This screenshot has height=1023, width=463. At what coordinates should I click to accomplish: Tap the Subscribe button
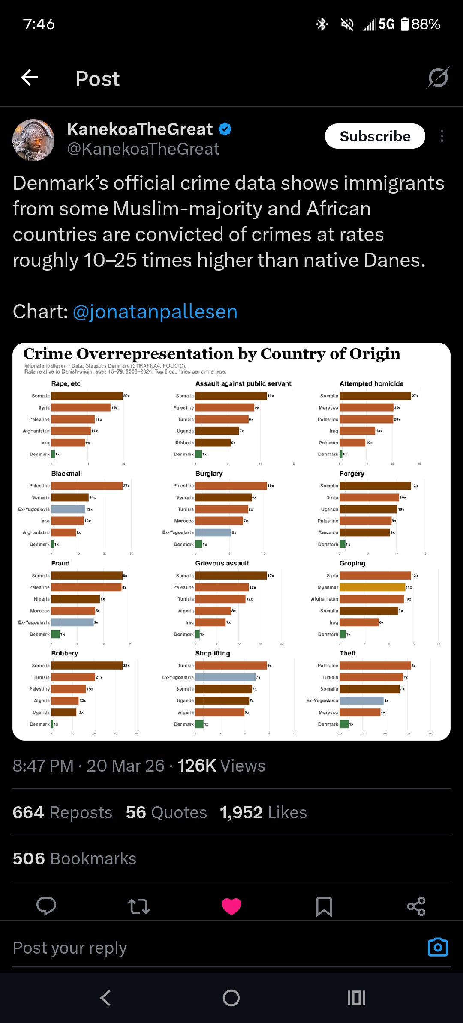click(375, 136)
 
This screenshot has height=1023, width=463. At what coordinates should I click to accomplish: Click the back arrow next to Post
click(30, 78)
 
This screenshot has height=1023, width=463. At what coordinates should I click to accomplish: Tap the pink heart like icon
click(231, 906)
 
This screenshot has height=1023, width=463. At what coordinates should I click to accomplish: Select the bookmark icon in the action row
click(324, 906)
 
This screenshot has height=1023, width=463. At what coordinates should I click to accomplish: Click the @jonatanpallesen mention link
click(155, 311)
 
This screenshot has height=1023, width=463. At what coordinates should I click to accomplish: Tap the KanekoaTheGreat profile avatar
click(33, 140)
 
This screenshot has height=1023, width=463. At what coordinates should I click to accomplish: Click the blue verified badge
click(225, 129)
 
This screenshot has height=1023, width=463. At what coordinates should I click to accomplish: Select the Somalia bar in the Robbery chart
click(87, 665)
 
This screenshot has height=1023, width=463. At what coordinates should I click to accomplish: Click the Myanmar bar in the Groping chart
click(372, 587)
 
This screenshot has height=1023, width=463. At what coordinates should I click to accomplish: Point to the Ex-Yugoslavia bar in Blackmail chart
click(68, 509)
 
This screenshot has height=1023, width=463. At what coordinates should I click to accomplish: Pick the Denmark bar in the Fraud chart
click(55, 634)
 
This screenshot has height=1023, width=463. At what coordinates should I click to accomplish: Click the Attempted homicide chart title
click(371, 384)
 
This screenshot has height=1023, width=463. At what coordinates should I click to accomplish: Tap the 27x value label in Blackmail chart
click(126, 486)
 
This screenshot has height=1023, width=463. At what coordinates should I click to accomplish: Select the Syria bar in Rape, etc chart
click(81, 407)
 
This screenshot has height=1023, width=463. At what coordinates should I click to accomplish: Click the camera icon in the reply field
click(438, 947)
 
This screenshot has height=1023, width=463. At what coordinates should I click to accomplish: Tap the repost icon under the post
click(139, 906)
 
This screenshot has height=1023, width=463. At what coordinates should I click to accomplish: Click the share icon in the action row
click(416, 906)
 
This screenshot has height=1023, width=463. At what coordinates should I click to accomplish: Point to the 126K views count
click(221, 766)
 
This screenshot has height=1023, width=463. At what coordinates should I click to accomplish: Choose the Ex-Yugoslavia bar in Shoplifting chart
click(225, 677)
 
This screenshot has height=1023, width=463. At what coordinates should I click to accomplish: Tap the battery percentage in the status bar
click(425, 24)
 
